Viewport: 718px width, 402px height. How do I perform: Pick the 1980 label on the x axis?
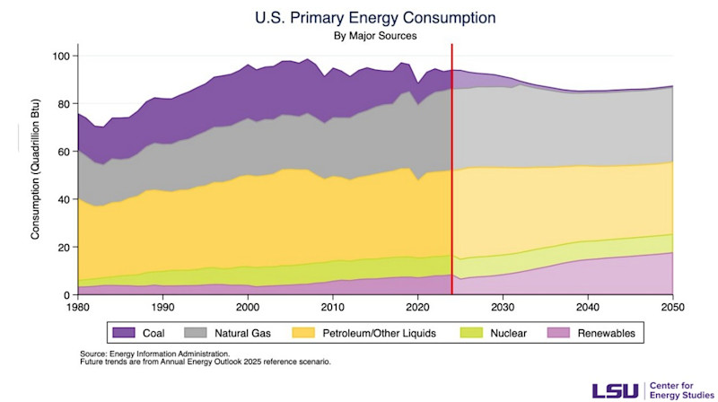[x=78, y=307]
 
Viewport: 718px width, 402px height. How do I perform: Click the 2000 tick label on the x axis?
[x=248, y=307]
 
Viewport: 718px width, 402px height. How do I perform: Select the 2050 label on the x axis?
[x=672, y=307]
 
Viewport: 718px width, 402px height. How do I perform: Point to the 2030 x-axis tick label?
[x=503, y=307]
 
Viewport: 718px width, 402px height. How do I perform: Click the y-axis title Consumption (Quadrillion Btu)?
[x=36, y=176]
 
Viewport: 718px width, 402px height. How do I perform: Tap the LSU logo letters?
[x=614, y=389]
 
